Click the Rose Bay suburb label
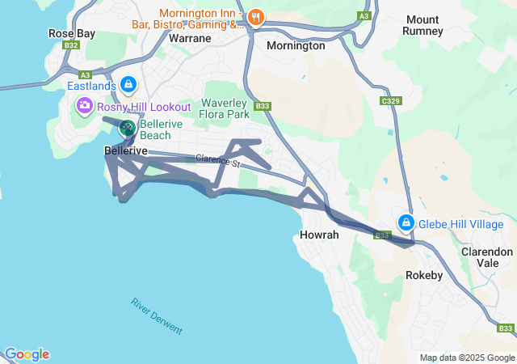pos(71,33)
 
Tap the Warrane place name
pos(191,38)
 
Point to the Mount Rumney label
pos(424,25)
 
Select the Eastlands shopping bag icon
pos(128,83)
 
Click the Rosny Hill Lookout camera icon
pos(85,106)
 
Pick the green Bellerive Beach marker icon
pos(128,127)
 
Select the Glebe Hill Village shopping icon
pos(406,222)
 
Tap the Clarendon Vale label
pos(487,257)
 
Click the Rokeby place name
pos(424,275)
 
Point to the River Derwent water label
pos(157,316)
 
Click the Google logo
pos(27,354)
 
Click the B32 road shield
pos(72,45)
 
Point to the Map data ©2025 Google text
pos(467,358)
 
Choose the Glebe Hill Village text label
pos(460,224)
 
